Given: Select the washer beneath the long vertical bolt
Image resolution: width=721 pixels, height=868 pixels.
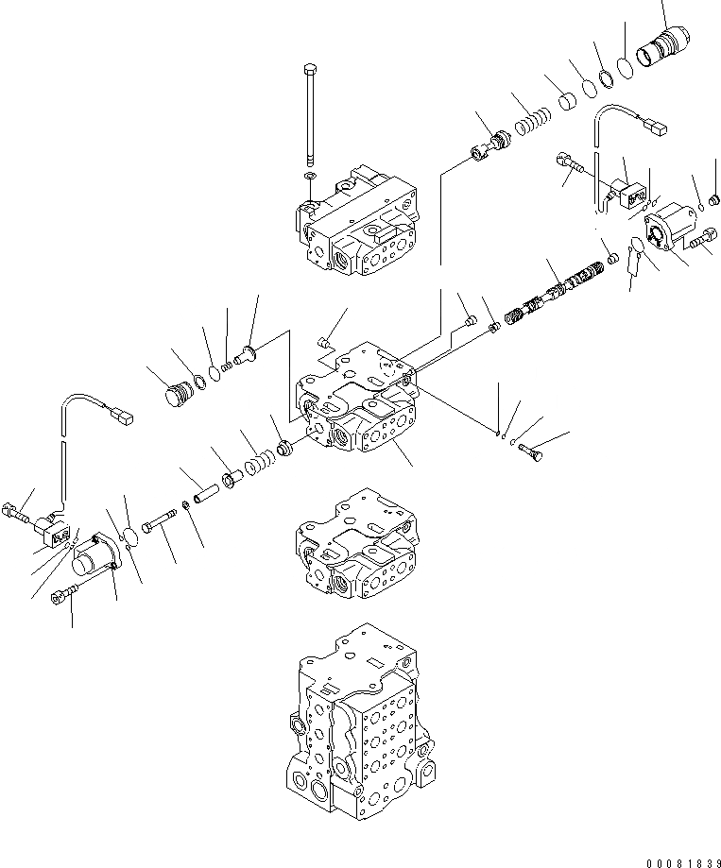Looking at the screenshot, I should [311, 176].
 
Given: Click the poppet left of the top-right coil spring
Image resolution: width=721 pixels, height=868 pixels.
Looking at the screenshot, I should [491, 146].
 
